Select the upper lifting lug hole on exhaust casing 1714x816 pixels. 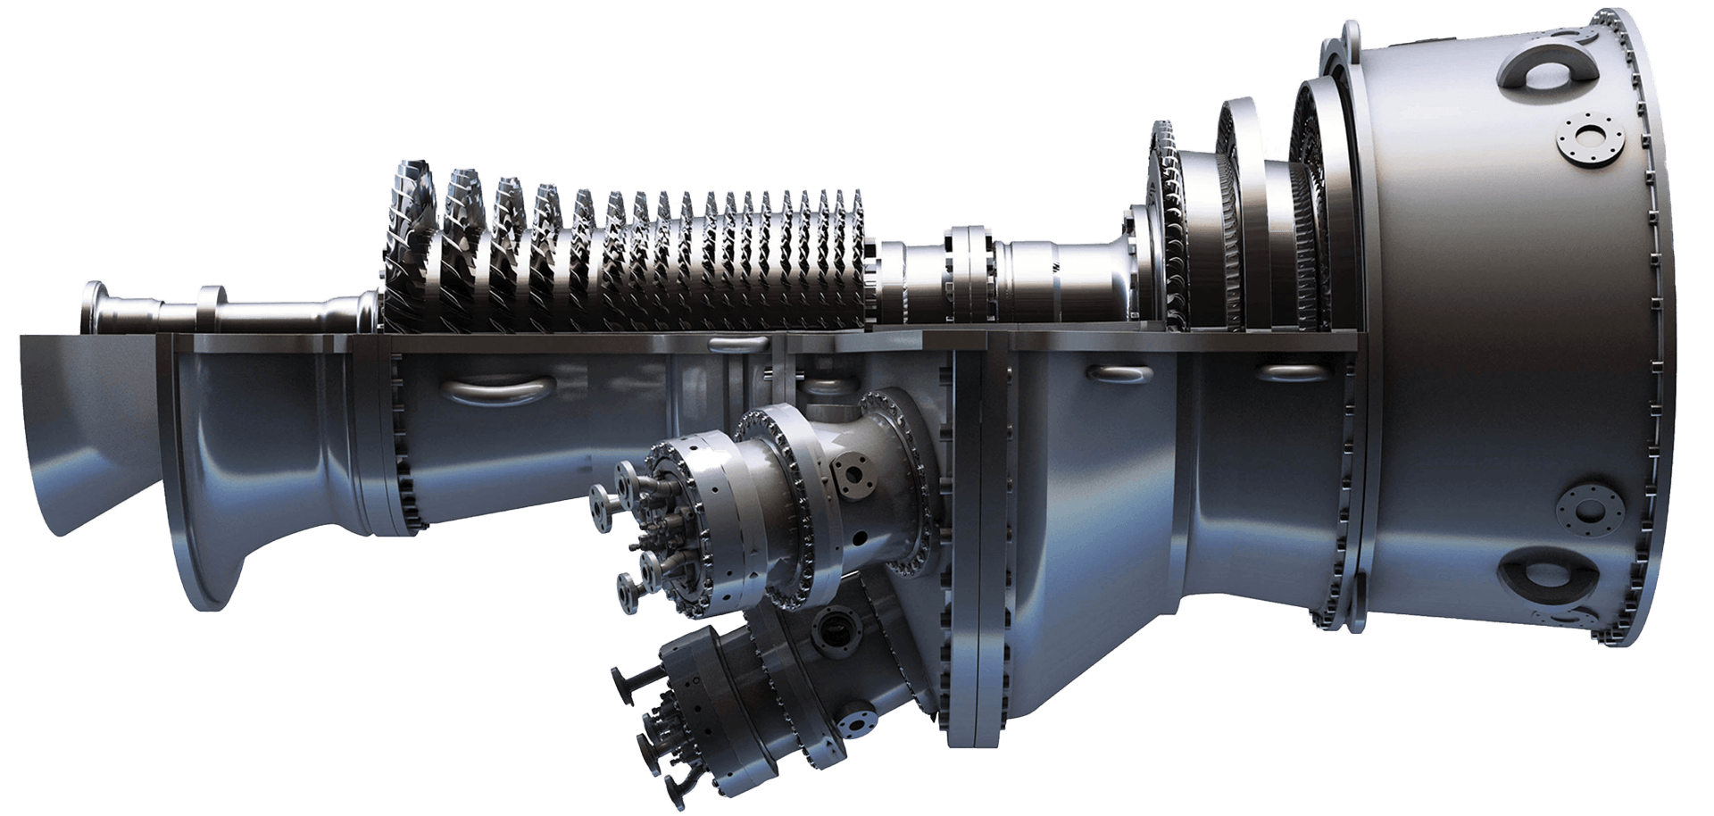point(1541,63)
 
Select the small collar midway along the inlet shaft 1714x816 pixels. point(212,308)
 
